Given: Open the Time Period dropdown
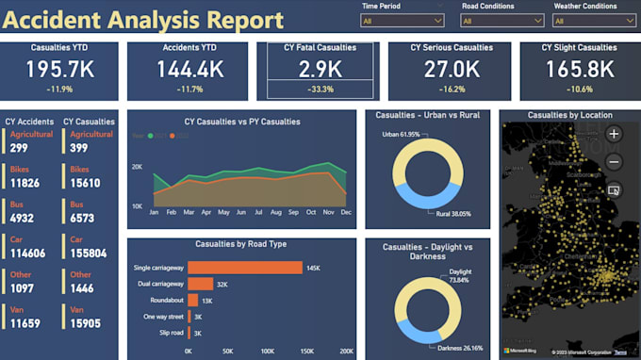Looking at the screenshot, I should click(x=403, y=20).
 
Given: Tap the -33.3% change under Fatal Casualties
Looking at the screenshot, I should click(x=320, y=90).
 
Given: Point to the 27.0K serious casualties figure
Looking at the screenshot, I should click(x=452, y=70).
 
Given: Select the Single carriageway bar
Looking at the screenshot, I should click(x=245, y=268).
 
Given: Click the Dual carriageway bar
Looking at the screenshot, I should click(x=200, y=284).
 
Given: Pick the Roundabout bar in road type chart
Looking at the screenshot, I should click(x=192, y=300).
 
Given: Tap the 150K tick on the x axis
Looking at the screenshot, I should click(x=307, y=351).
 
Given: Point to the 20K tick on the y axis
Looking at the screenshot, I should click(x=137, y=167).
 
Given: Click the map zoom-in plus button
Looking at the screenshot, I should click(x=615, y=134).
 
